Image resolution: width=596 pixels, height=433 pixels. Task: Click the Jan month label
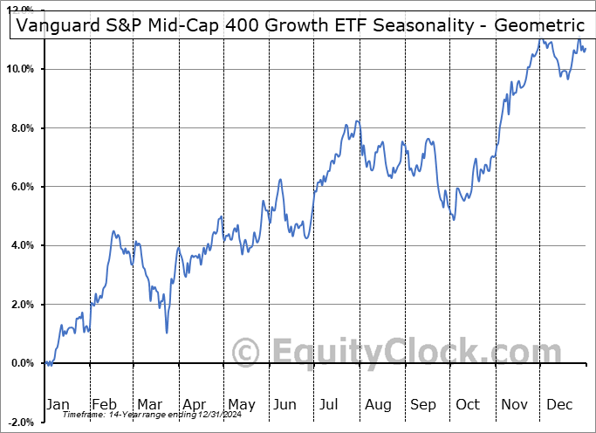[x=57, y=405]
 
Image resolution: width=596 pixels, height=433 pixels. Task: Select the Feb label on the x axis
[x=104, y=405]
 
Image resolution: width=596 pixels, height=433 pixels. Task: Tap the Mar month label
[x=149, y=405]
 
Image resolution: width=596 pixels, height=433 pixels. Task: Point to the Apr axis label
[x=194, y=405]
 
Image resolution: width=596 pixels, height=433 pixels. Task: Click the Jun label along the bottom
[x=284, y=405]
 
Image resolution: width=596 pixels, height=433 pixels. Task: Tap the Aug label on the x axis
[x=378, y=405]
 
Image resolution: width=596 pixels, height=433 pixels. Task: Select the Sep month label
[x=423, y=405]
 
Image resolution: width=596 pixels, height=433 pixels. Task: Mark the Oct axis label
[x=468, y=405]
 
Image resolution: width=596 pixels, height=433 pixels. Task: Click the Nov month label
[x=514, y=405]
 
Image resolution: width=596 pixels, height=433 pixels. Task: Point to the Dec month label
[x=559, y=405]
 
